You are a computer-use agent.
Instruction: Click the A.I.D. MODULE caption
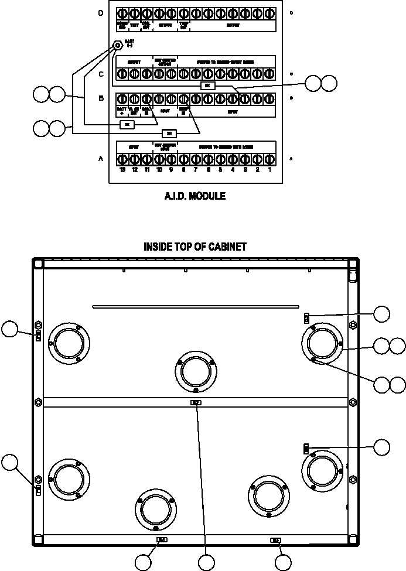pos(195,197)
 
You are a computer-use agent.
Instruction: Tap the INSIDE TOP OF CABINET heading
pos(195,247)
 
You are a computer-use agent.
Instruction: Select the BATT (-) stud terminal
pos(117,45)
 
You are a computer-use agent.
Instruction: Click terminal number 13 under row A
pos(122,170)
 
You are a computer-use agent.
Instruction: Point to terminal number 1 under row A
pos(270,170)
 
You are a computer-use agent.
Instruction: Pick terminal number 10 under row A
pos(159,170)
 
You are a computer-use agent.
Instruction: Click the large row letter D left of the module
pos(101,12)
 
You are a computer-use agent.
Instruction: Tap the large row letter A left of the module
pos(101,159)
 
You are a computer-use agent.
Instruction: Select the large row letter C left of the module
pos(101,74)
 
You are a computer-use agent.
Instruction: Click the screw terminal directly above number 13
pos(122,159)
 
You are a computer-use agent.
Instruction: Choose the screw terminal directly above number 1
pos(270,159)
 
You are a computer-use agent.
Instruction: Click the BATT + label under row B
pos(122,110)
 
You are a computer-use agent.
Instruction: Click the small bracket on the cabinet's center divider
pos(196,402)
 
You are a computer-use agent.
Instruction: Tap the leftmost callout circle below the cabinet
pos(144,563)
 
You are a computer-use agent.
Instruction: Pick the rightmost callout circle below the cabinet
pos(284,563)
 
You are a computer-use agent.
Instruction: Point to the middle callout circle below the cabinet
pos(206,563)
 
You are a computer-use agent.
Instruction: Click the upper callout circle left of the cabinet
pos(10,329)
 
